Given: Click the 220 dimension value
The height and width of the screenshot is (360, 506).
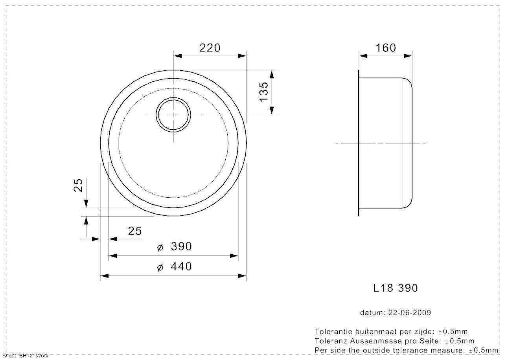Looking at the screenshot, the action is click(210, 48).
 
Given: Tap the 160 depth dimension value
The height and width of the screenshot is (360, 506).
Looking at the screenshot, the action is click(386, 48).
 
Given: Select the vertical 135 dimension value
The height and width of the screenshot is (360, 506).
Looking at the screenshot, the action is click(264, 92).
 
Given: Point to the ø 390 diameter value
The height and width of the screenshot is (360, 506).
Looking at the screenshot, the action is click(175, 246).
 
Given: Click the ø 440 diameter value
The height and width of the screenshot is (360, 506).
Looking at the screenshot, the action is click(175, 266).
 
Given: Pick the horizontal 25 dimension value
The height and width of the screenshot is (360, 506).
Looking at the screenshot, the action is click(135, 231).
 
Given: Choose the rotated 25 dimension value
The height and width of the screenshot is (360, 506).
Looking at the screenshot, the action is click(78, 185).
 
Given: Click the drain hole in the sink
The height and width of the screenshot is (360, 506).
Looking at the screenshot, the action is click(173, 115).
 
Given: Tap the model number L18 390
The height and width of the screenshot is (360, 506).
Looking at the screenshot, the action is click(396, 288).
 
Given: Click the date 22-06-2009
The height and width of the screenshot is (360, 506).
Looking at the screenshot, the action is click(410, 313).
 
